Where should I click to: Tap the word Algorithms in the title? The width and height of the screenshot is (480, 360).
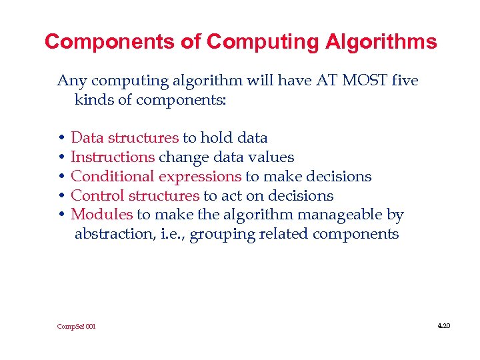(x=381, y=42)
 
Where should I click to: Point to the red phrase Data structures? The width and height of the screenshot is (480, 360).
(x=125, y=138)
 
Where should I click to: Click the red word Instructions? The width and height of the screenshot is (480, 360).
(x=113, y=157)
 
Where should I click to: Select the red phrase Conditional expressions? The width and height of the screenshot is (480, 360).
(x=156, y=177)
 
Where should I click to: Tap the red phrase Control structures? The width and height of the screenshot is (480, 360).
(x=135, y=196)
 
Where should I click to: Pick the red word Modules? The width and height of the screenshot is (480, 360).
(x=101, y=215)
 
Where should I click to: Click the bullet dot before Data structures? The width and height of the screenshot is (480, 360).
(x=61, y=139)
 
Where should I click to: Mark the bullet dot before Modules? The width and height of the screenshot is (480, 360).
(x=61, y=215)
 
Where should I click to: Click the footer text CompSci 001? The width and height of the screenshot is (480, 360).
(x=76, y=327)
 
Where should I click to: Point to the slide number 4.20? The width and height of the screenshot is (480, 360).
(x=444, y=326)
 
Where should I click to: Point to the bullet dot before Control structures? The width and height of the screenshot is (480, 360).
(x=61, y=196)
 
